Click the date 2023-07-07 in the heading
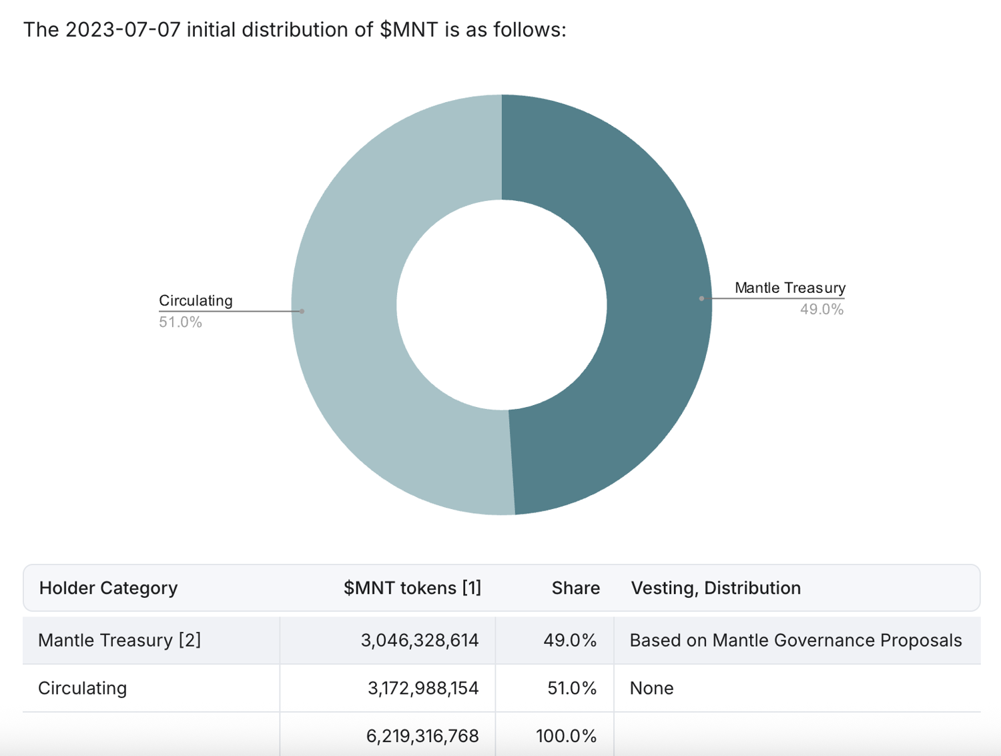pyautogui.click(x=123, y=30)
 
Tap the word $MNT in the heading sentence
pyautogui.click(x=409, y=30)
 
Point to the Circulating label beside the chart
pyautogui.click(x=196, y=300)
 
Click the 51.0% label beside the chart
pyautogui.click(x=180, y=322)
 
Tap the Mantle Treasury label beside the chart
pyautogui.click(x=789, y=288)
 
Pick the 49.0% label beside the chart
pyautogui.click(x=821, y=310)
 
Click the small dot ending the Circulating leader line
pyautogui.click(x=302, y=311)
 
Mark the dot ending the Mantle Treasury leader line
pyautogui.click(x=701, y=298)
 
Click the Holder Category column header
pyautogui.click(x=108, y=588)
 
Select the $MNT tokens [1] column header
pyautogui.click(x=412, y=588)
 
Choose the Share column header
pyautogui.click(x=575, y=588)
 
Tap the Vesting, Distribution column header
pyautogui.click(x=715, y=588)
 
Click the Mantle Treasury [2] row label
pyautogui.click(x=119, y=641)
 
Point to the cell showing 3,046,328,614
pyautogui.click(x=420, y=641)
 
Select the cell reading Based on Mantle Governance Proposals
pyautogui.click(x=795, y=641)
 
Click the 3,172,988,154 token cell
pyautogui.click(x=423, y=688)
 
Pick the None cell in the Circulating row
pyautogui.click(x=651, y=688)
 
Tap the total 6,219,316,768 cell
pyautogui.click(x=422, y=736)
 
